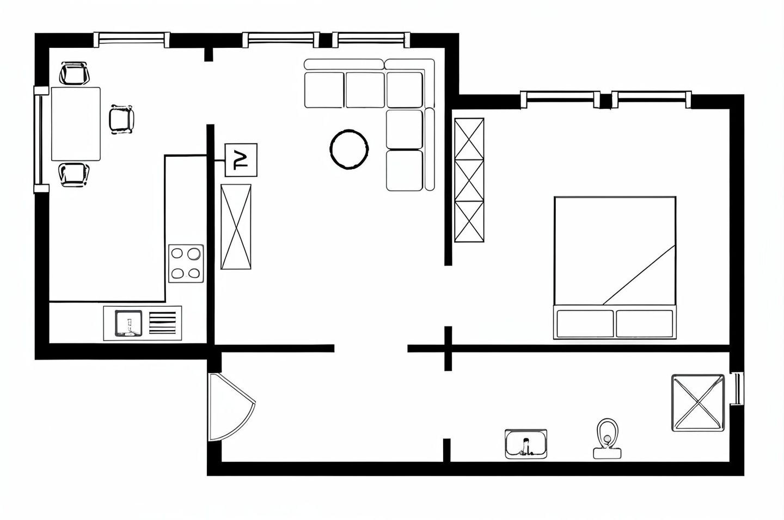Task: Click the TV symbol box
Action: pyautogui.click(x=241, y=160)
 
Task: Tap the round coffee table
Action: pyautogui.click(x=349, y=150)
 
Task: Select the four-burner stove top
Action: pyautogui.click(x=186, y=263)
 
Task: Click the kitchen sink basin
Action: pyautogui.click(x=128, y=323)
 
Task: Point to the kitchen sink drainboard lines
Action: pyautogui.click(x=162, y=323)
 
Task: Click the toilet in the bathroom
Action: pyautogui.click(x=607, y=438)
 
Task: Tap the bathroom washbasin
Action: pyautogui.click(x=526, y=444)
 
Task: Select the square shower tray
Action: pyautogui.click(x=698, y=403)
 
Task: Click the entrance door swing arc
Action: pyautogui.click(x=231, y=407)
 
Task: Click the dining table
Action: pyautogui.click(x=76, y=124)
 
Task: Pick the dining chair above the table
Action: pyautogui.click(x=74, y=73)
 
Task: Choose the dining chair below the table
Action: pyautogui.click(x=73, y=175)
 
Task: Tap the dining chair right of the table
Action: pyautogui.click(x=121, y=119)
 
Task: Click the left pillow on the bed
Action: pyautogui.click(x=585, y=324)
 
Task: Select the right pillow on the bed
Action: pyautogui.click(x=645, y=324)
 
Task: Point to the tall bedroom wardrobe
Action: pyautogui.click(x=469, y=179)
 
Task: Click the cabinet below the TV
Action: pyautogui.click(x=236, y=227)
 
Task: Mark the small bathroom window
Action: pyautogui.click(x=737, y=389)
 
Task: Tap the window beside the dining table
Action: pyautogui.click(x=41, y=140)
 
